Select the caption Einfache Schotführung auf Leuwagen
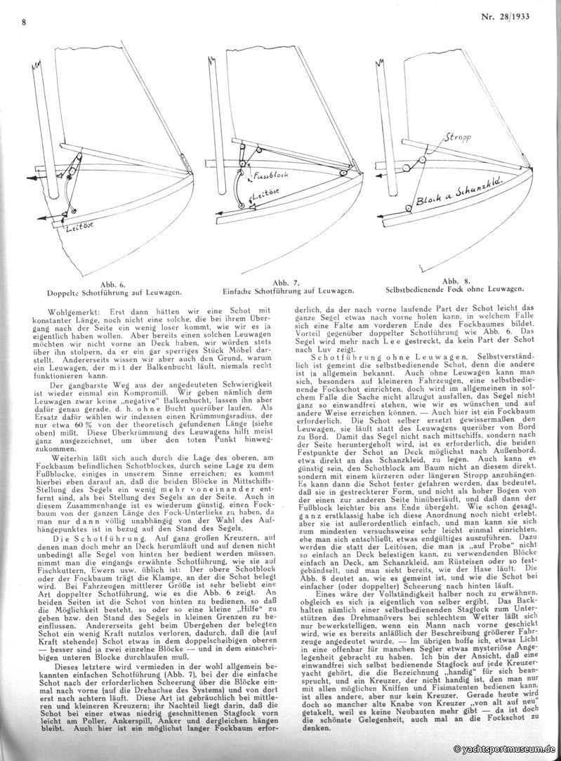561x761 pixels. [x=292, y=289]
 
